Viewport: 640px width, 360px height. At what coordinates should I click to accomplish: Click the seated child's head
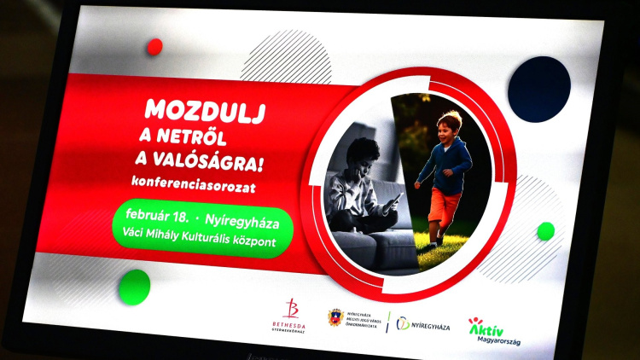(x=364, y=155)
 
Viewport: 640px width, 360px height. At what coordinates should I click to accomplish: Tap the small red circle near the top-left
(x=154, y=47)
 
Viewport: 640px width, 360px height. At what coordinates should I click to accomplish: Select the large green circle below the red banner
(x=134, y=286)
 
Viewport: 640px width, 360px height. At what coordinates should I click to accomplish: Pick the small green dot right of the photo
(x=545, y=230)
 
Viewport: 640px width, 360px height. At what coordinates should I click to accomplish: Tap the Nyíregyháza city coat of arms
(x=335, y=318)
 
